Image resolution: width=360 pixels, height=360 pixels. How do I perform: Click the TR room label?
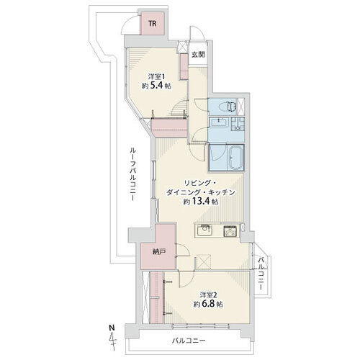[153, 24]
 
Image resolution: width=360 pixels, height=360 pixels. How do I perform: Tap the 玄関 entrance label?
[198, 55]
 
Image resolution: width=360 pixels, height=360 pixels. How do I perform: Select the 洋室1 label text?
[156, 77]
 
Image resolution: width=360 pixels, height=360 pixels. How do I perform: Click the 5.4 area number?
[156, 86]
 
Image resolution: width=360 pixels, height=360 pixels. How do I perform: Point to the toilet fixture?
[229, 107]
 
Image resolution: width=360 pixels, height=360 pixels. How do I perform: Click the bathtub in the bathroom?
[236, 157]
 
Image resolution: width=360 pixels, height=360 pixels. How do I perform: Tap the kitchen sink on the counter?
[204, 231]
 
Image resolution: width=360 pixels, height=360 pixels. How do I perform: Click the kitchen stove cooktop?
[230, 231]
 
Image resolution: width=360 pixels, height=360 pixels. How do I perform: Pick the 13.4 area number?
[201, 202]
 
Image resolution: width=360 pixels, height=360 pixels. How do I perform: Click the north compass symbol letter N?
[112, 328]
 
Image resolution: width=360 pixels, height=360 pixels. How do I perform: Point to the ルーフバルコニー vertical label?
[133, 174]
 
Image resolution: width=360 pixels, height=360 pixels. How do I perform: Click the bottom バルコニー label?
[189, 341]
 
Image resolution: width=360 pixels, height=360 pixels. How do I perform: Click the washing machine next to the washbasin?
[238, 124]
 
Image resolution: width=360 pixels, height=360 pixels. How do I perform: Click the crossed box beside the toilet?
[240, 106]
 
